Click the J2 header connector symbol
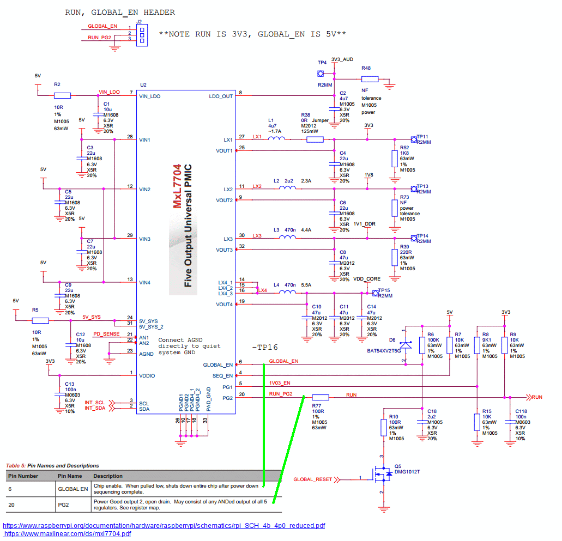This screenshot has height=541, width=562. tap(142, 35)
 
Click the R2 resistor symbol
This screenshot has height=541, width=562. tap(62, 96)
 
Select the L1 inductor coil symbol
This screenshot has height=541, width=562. tap(277, 138)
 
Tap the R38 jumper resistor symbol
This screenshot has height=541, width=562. tap(315, 139)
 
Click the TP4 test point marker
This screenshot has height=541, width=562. tap(321, 74)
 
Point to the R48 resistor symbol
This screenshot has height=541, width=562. tap(370, 79)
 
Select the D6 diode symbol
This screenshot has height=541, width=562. tap(406, 345)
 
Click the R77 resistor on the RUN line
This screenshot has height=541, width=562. tap(321, 397)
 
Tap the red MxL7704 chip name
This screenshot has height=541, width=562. tap(177, 186)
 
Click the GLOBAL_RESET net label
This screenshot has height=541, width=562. tap(312, 479)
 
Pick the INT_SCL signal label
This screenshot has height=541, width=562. tap(95, 403)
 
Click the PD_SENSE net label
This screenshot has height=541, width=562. tap(106, 334)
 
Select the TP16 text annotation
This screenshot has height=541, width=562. tap(265, 347)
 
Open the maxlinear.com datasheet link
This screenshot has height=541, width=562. tap(68, 534)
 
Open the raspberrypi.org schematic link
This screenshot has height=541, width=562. tap(164, 526)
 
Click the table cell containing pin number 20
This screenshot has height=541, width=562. tap(31, 505)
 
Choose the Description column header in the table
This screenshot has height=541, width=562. tap(108, 476)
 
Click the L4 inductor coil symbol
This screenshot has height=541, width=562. tap(287, 292)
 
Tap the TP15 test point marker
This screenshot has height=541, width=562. tap(375, 294)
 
